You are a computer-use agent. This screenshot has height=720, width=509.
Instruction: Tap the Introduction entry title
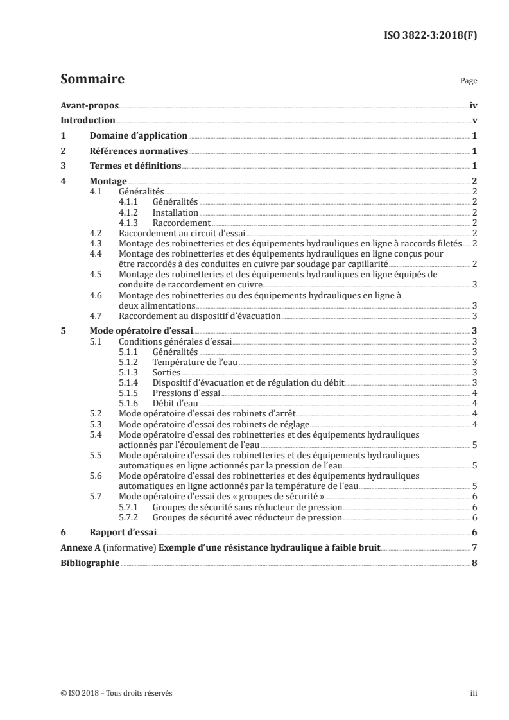[x=88, y=121]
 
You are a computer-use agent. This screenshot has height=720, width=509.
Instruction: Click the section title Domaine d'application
[x=138, y=136]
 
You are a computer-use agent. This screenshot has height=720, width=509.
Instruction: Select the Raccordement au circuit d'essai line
[x=182, y=233]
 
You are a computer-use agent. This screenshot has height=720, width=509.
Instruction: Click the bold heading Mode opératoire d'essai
[x=132, y=331]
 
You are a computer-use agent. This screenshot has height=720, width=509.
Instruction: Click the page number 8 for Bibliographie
[x=474, y=563]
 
